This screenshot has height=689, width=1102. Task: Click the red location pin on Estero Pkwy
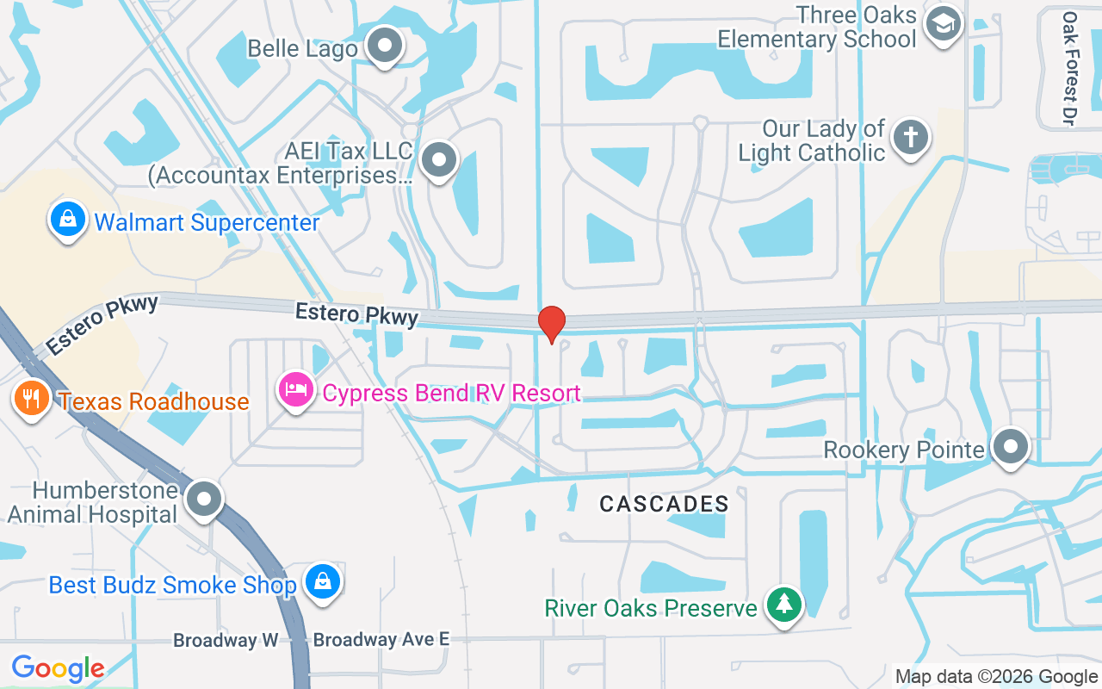click(551, 324)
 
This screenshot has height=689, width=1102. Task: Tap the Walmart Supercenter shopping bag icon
click(68, 220)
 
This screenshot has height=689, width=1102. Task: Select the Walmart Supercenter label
click(207, 223)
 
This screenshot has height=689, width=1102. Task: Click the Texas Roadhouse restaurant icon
click(32, 399)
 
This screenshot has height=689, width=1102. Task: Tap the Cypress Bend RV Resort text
click(451, 394)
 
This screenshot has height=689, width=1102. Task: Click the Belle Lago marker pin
click(384, 46)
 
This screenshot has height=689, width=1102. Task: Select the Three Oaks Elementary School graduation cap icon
click(943, 25)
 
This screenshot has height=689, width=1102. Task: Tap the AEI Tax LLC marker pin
click(440, 159)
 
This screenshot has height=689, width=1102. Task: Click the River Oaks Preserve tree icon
click(783, 605)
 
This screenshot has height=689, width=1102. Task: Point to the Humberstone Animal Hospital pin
click(204, 499)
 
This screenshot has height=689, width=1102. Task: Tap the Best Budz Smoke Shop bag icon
click(321, 582)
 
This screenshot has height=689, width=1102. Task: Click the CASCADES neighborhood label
click(664, 504)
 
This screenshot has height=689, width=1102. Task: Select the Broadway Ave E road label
click(381, 640)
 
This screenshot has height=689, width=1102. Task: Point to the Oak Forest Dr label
click(1069, 69)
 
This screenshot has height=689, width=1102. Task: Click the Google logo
click(58, 667)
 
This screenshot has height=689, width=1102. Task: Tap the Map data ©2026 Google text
click(996, 677)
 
